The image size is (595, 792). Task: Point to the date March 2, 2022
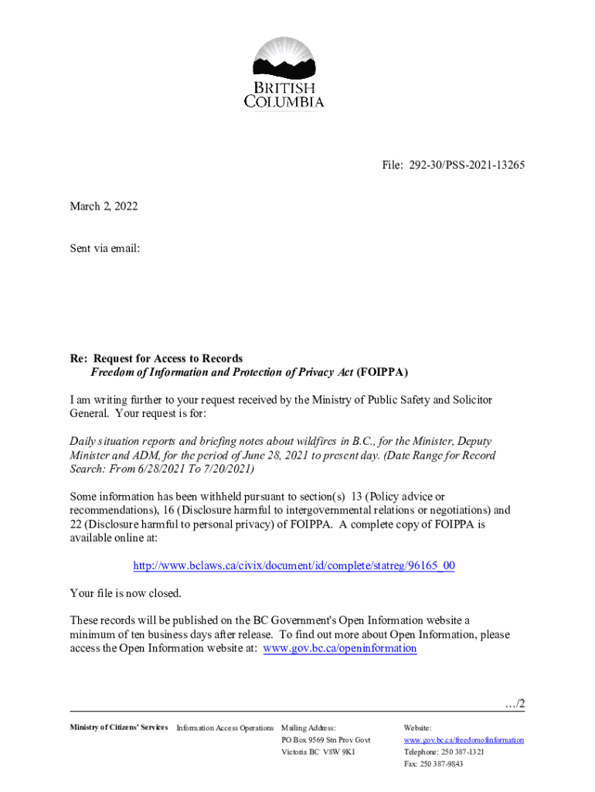104,207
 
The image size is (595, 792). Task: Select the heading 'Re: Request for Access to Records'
156,358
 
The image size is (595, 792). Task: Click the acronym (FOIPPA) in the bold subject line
382,372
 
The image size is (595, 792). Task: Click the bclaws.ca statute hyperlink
294,565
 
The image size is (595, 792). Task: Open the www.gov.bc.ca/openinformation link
340,648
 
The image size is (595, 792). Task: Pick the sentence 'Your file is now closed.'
125,593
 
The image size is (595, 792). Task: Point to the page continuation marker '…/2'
514,703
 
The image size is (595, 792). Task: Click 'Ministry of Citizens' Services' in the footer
118,727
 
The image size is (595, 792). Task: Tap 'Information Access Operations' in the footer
225,728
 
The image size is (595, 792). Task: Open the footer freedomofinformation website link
464,739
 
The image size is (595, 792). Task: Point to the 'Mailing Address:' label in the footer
308,728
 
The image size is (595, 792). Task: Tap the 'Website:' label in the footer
417,728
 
